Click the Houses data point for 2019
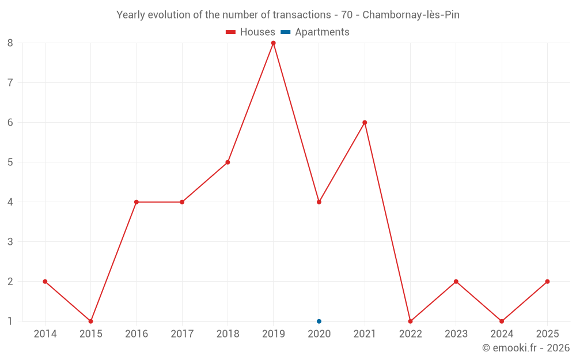tap(273, 43)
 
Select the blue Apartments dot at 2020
tap(319, 321)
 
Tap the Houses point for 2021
tap(365, 123)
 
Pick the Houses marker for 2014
tap(45, 282)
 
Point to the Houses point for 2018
tap(228, 162)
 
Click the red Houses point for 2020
tap(319, 202)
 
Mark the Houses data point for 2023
tap(456, 282)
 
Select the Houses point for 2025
tap(547, 282)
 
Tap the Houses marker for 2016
tap(137, 202)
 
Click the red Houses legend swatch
tap(231, 32)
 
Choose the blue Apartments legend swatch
tap(286, 32)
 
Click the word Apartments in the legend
tap(322, 32)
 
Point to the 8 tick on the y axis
tap(10, 43)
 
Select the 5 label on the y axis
tap(10, 162)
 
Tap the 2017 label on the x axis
tap(182, 334)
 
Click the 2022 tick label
tap(410, 334)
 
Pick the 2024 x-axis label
tap(502, 334)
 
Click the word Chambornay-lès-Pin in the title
tap(411, 15)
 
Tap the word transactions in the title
tap(302, 15)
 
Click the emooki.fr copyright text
tap(526, 348)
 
